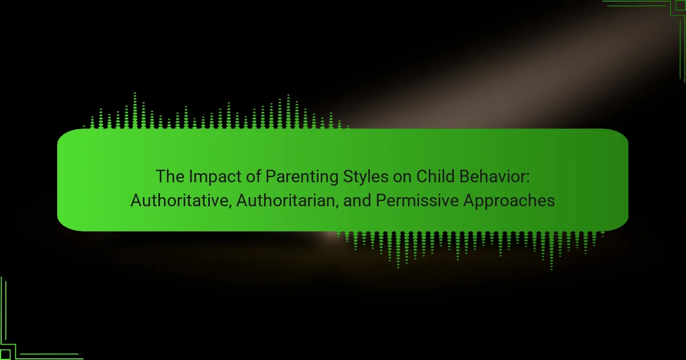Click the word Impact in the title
pyautogui.click(x=216, y=177)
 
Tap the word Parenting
pyautogui.click(x=302, y=178)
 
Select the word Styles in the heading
pyautogui.click(x=366, y=178)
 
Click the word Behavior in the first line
pyautogui.click(x=492, y=177)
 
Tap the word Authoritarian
pyautogui.click(x=286, y=201)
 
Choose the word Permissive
pyautogui.click(x=417, y=201)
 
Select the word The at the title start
pyautogui.click(x=170, y=177)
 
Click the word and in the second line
pyautogui.click(x=357, y=201)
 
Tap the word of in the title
pyautogui.click(x=254, y=177)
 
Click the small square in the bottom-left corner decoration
pyautogui.click(x=5, y=355)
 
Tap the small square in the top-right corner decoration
pyautogui.click(x=681, y=5)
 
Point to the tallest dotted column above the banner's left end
pyautogui.click(x=135, y=110)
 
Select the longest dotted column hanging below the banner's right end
pyautogui.click(x=551, y=250)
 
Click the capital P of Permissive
pyautogui.click(x=381, y=200)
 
